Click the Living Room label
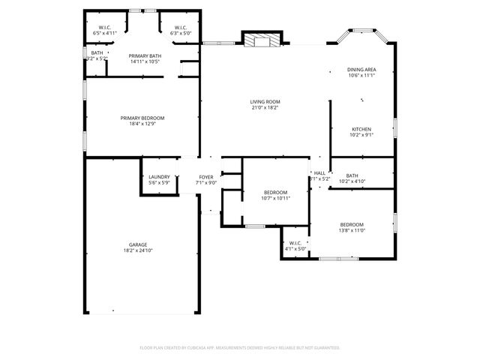click(x=265, y=101)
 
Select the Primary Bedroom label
click(x=142, y=118)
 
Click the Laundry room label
click(x=159, y=177)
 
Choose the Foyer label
click(x=205, y=177)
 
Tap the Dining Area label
click(x=361, y=70)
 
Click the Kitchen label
click(x=361, y=129)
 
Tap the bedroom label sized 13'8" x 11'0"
click(x=352, y=225)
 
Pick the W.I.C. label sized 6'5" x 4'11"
click(x=104, y=28)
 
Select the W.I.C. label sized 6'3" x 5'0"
click(x=181, y=28)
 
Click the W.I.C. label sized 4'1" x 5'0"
click(x=295, y=243)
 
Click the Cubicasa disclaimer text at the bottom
click(x=240, y=348)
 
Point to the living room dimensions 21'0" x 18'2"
click(x=265, y=107)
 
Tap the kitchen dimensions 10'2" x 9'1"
click(x=361, y=135)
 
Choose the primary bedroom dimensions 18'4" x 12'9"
click(x=142, y=124)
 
